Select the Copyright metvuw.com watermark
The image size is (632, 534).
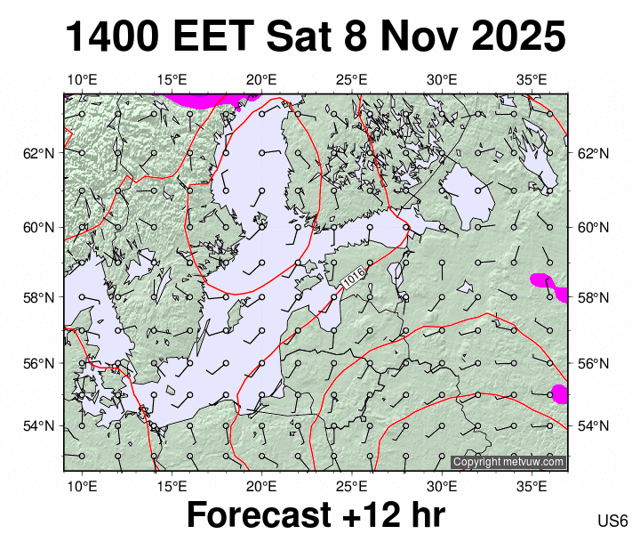click(x=508, y=462)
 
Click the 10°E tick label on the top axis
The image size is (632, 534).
click(x=81, y=80)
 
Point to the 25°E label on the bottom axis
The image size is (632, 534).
click(x=352, y=486)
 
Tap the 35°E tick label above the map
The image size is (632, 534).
click(x=532, y=80)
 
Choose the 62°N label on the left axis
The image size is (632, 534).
click(x=38, y=153)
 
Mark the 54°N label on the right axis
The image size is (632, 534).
click(x=593, y=425)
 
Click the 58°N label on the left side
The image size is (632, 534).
click(x=38, y=297)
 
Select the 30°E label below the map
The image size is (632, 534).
click(x=442, y=486)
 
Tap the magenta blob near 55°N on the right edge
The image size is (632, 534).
click(x=558, y=393)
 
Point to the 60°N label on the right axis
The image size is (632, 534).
click(x=593, y=227)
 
